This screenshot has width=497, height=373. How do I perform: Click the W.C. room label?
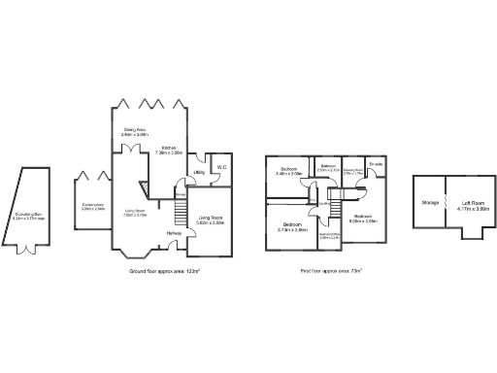tap(221, 166)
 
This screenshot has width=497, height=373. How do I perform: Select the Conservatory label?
tap(93, 205)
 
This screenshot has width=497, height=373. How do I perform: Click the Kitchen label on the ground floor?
tap(169, 149)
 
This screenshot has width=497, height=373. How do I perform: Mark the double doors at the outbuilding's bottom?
tap(28, 250)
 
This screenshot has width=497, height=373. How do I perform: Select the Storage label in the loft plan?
tap(430, 202)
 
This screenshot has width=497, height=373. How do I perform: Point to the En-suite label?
tap(375, 166)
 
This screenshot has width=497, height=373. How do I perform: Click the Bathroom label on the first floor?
tap(328, 166)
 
